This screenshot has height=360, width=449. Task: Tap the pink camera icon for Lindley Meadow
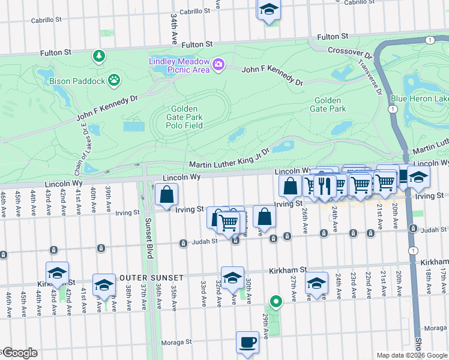click(218, 64)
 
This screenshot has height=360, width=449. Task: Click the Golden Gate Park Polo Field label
click(184, 117)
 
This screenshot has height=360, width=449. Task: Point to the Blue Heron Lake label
click(419, 98)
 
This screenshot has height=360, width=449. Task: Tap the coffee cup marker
click(247, 343)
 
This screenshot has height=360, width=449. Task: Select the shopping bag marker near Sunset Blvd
click(166, 194)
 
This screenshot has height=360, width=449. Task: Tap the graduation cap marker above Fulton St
click(269, 10)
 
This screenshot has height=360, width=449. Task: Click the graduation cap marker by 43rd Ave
click(57, 273)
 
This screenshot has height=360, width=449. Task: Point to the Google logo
click(19, 353)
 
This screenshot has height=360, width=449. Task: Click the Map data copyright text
click(412, 355)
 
